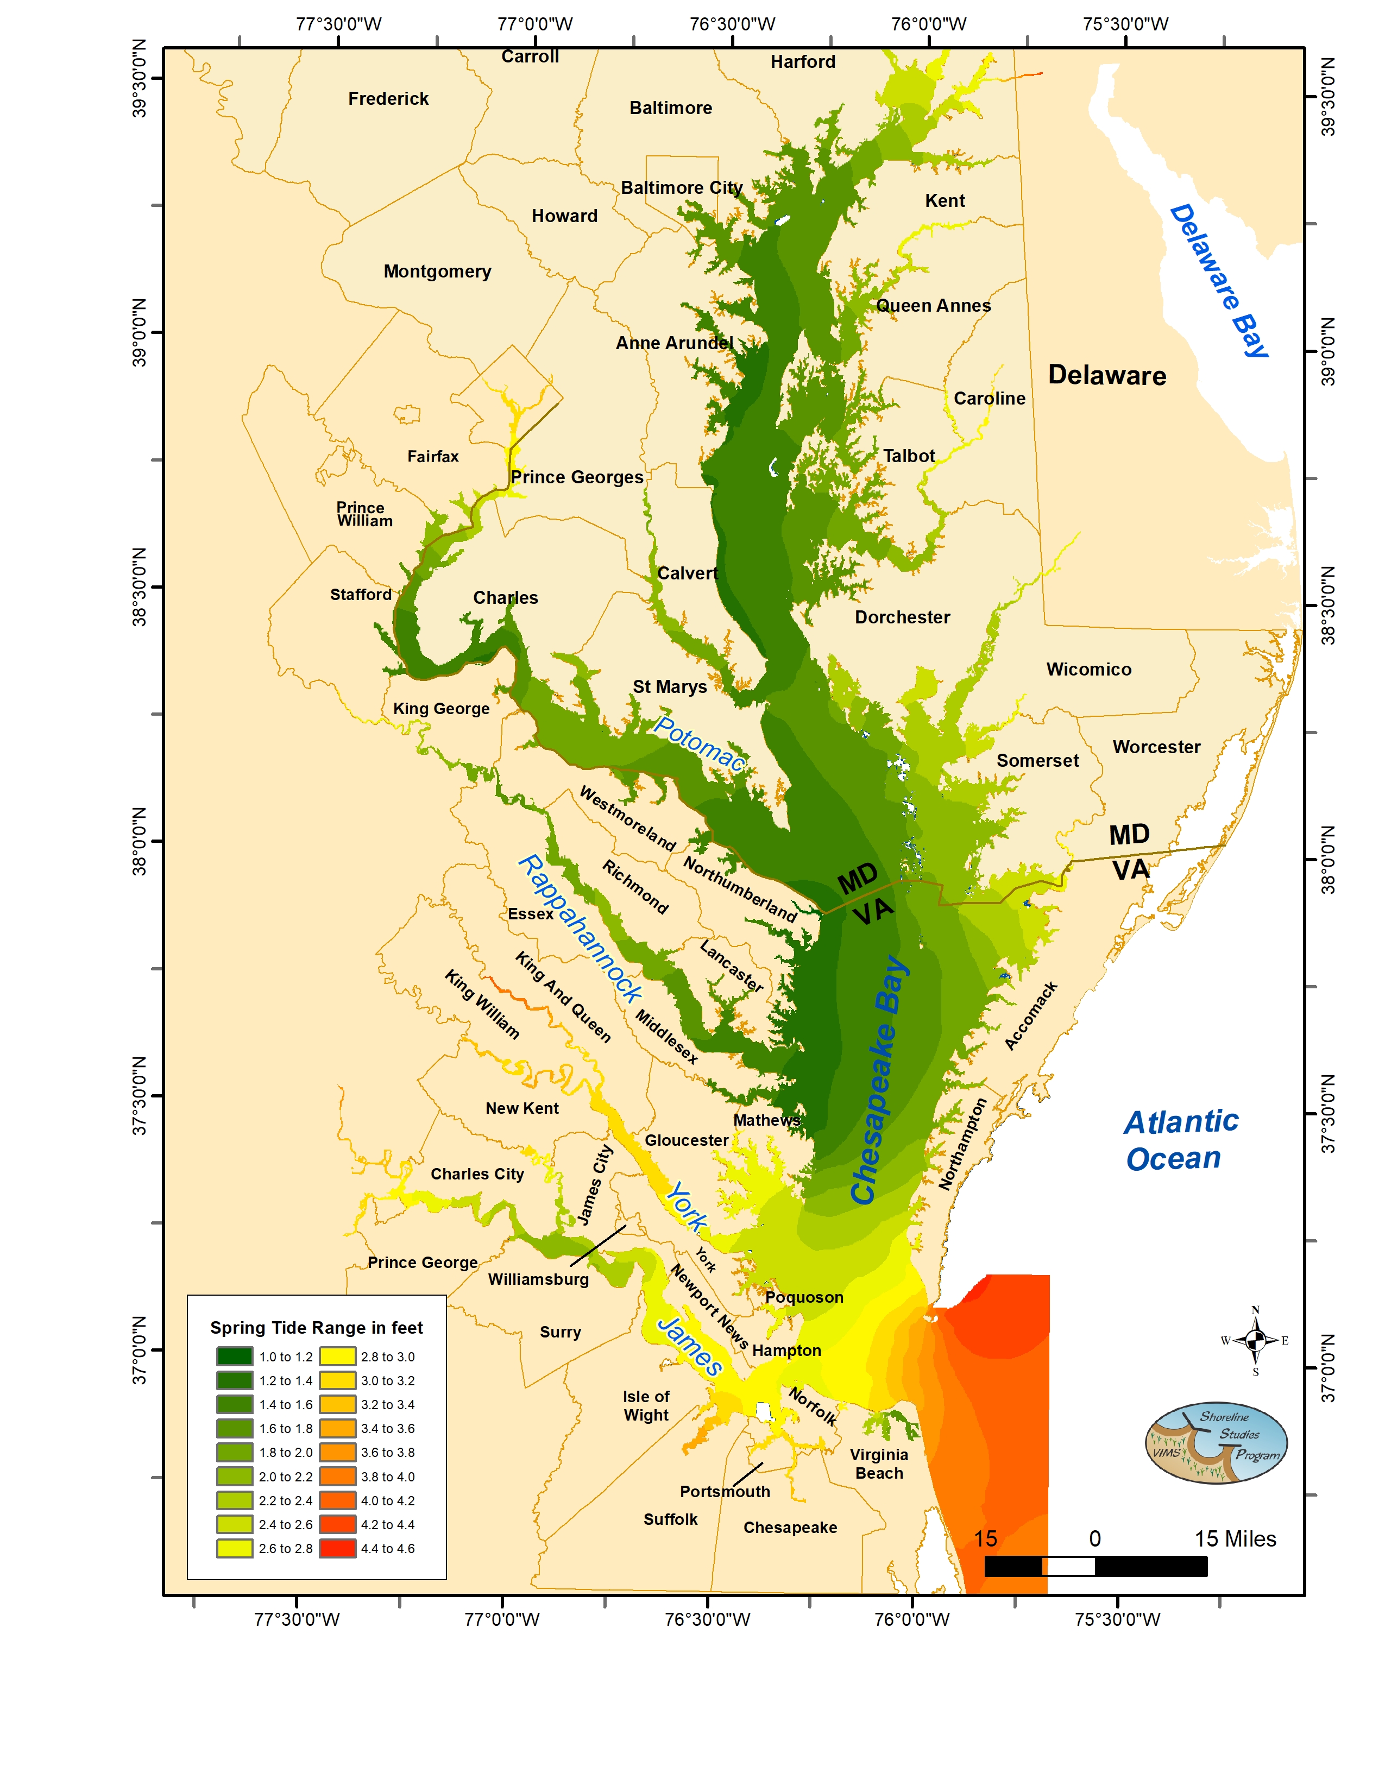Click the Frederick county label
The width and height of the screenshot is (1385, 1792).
(388, 98)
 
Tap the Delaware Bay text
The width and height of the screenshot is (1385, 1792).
(1218, 281)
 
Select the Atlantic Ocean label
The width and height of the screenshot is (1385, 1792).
(1179, 1140)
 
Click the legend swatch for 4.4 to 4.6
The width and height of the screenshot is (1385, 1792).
(337, 1548)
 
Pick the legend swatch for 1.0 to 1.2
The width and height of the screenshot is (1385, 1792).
(235, 1356)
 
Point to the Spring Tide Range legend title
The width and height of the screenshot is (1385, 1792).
(316, 1328)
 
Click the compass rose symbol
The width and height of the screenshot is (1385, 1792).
(1255, 1341)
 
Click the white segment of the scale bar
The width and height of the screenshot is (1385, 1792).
(1068, 1566)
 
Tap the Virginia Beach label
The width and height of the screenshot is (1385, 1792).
(879, 1464)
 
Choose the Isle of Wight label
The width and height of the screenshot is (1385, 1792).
(646, 1405)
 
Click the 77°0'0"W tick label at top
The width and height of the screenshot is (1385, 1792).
(535, 24)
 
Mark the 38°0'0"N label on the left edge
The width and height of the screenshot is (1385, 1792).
(140, 841)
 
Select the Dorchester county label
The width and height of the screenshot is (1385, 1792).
(903, 617)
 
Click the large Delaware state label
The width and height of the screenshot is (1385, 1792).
(1107, 375)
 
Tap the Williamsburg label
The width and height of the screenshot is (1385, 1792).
(538, 1279)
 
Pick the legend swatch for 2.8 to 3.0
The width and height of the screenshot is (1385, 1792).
(337, 1356)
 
